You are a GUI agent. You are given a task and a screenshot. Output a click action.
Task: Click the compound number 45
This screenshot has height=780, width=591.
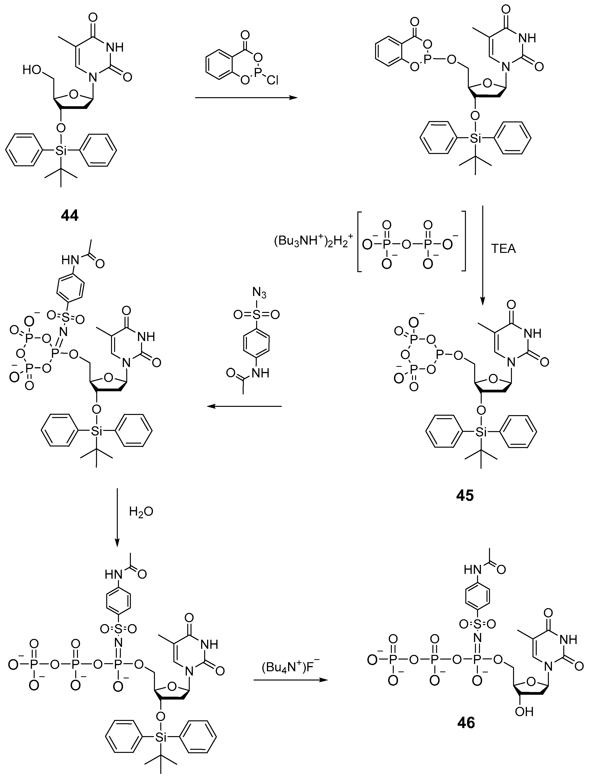coord(465,495)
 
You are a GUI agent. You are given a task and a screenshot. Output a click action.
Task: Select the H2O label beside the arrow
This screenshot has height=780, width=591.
coord(141,512)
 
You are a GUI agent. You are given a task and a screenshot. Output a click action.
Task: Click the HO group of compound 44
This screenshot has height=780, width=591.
coord(32,70)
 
